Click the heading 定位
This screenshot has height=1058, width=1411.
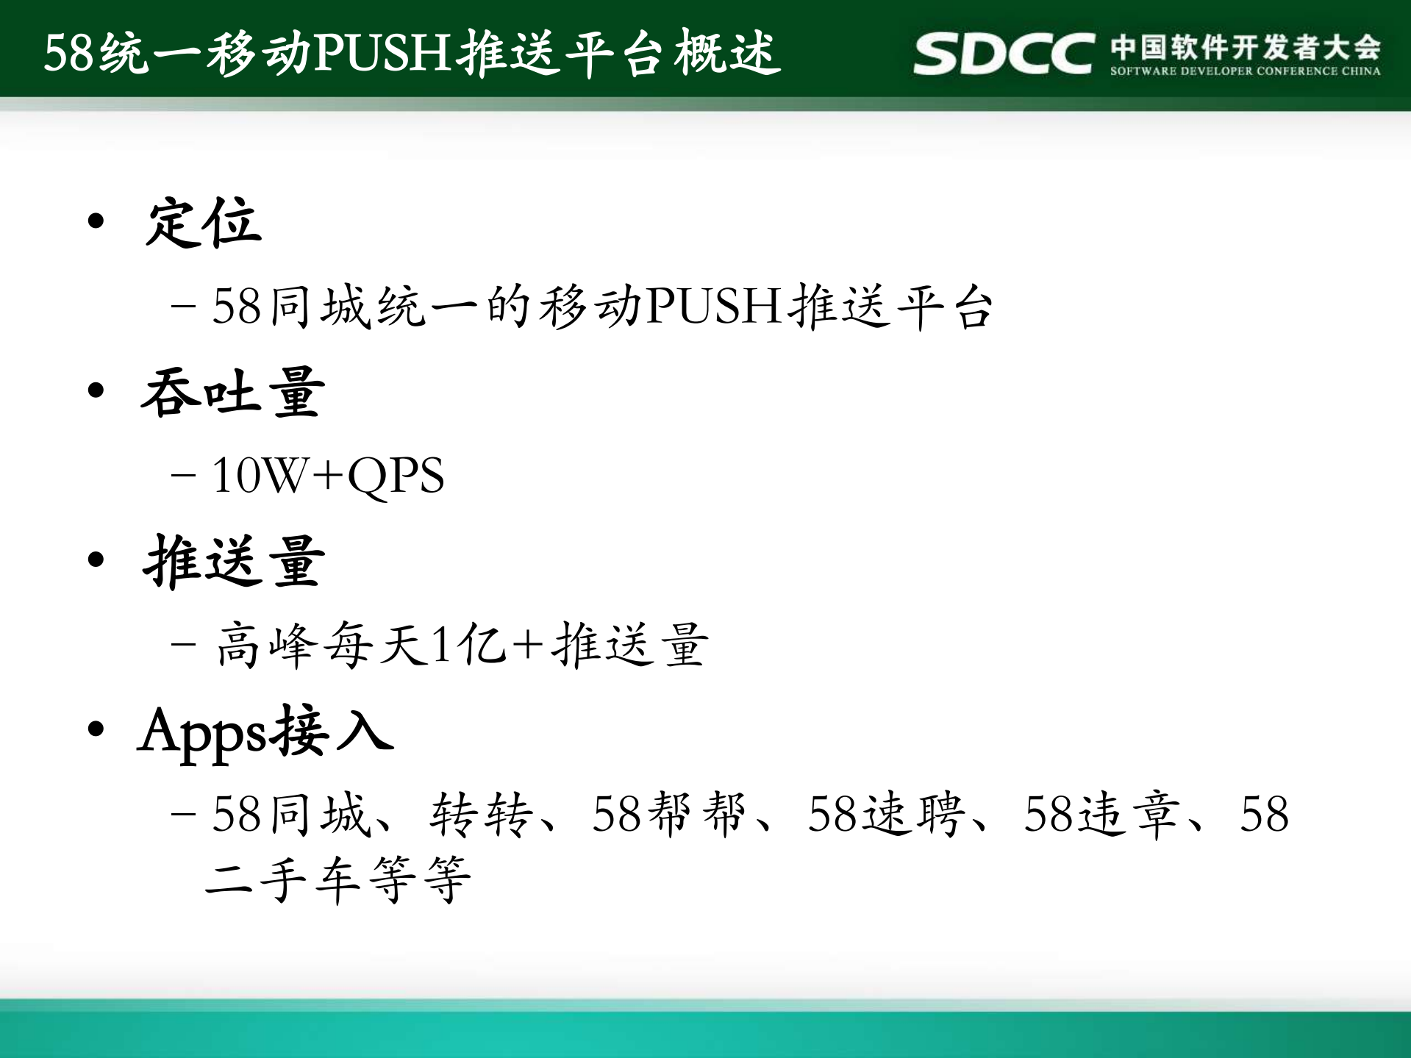tap(204, 223)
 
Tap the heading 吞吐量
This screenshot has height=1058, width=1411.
tap(232, 393)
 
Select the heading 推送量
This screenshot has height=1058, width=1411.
tap(234, 562)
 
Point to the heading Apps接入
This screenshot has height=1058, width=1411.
tap(265, 732)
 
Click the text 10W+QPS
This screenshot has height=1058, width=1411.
tap(328, 475)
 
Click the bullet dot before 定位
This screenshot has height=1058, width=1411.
tap(96, 221)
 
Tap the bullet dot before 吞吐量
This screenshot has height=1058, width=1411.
tap(96, 390)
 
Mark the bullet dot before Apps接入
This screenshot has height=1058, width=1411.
tap(96, 729)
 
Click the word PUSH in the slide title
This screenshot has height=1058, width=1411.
tap(382, 53)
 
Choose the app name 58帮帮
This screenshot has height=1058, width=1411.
tap(669, 815)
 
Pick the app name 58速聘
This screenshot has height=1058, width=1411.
tap(886, 815)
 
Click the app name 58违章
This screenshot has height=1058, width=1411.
tap(1101, 815)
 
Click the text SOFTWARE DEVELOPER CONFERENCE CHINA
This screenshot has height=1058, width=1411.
tap(1245, 71)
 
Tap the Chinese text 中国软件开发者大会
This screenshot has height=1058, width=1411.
tap(1245, 47)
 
